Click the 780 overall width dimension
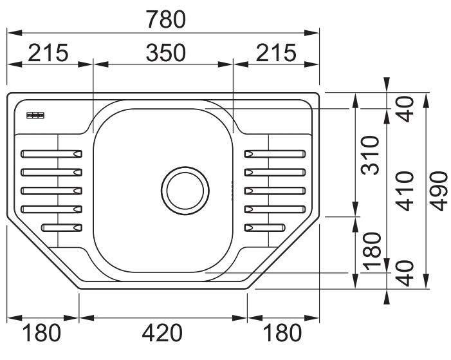pyautogui.click(x=166, y=19)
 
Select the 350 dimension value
pyautogui.click(x=166, y=53)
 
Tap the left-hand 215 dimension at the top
pyautogui.click(x=48, y=53)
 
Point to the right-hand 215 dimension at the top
pyautogui.click(x=276, y=53)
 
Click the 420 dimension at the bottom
pyautogui.click(x=162, y=333)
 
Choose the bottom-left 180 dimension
pyautogui.click(x=42, y=333)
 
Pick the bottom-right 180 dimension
pyautogui.click(x=282, y=333)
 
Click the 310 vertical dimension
pyautogui.click(x=371, y=155)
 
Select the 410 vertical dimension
pyautogui.click(x=405, y=191)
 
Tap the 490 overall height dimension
pyautogui.click(x=439, y=191)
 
